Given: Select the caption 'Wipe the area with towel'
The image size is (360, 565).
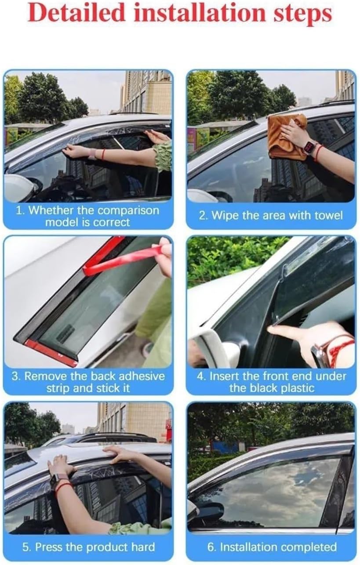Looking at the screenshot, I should pos(276,216).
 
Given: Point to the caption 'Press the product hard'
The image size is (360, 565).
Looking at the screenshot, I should pos(89,547).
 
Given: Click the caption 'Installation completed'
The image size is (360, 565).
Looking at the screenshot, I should pos(272,547).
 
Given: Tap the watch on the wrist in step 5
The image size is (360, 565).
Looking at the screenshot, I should pos(58,480).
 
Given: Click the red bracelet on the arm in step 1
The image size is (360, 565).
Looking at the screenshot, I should pos(103,154).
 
